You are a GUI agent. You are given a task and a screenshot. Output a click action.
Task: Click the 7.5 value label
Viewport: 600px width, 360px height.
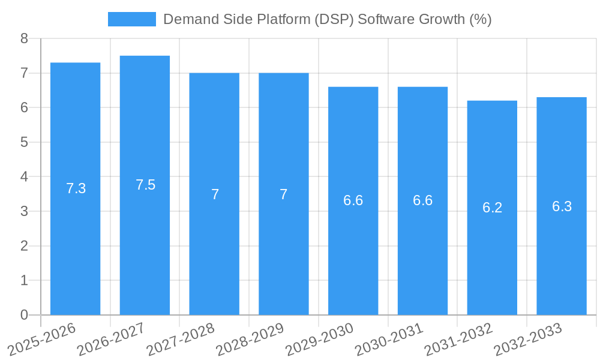tap(145, 185)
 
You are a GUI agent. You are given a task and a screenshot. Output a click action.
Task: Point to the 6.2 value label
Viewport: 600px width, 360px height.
tap(492, 208)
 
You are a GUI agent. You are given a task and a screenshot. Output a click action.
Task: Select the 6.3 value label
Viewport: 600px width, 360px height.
tap(562, 206)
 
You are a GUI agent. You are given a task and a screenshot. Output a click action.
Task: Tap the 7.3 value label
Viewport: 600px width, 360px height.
tap(76, 188)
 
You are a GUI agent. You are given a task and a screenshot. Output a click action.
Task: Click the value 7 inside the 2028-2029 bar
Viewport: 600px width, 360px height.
tap(284, 194)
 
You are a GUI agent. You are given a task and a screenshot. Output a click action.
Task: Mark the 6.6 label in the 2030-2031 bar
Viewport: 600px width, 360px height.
tap(422, 200)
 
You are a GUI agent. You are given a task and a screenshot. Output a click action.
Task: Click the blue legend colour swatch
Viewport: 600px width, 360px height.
tap(131, 19)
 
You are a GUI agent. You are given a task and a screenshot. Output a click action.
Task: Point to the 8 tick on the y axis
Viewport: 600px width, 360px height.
tap(24, 38)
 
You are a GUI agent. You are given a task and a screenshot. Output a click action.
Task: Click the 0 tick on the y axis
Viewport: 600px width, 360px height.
tap(24, 315)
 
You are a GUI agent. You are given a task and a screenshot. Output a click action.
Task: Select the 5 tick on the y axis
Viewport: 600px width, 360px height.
tap(24, 142)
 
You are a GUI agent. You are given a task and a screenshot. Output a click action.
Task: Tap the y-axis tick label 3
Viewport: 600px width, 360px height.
tap(24, 211)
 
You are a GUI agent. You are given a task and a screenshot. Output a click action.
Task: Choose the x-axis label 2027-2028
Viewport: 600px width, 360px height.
tap(181, 339)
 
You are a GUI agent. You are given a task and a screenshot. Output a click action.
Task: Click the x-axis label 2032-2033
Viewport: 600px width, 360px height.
tap(528, 339)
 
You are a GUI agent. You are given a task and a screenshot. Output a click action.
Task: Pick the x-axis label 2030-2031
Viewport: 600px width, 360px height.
tap(389, 339)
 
